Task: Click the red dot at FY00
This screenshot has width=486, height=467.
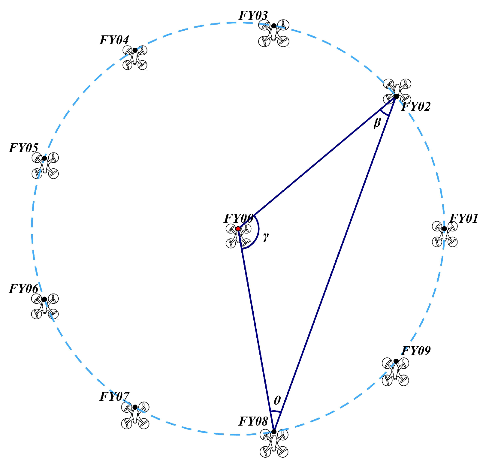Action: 238,229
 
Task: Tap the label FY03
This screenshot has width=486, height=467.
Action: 253,16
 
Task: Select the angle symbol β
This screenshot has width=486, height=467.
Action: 377,123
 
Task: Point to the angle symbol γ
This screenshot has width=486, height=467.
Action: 266,237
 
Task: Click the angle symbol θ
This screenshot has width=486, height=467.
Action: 277,400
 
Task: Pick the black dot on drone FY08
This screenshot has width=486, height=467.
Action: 274,432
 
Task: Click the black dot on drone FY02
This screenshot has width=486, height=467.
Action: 396,96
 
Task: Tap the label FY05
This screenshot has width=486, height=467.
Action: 24,148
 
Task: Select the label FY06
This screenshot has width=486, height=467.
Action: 24,289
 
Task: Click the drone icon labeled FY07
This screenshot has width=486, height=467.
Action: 135,415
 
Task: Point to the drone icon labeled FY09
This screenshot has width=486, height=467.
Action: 395,372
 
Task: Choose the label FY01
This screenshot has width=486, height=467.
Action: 464,218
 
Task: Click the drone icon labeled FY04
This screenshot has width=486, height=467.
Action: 135,58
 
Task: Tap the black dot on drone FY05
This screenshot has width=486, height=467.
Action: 44,158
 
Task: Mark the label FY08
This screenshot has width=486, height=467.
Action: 253,421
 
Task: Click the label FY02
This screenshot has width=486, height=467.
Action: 416,107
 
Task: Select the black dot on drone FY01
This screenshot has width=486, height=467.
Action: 444,229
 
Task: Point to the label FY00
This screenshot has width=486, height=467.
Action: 239,218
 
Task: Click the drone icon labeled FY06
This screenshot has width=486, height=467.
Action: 45,306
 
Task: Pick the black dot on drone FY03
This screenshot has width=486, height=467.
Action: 274,26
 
